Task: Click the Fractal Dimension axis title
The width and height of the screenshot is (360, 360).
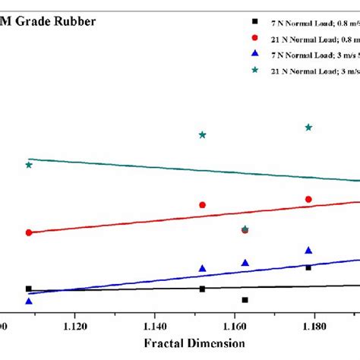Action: (x=193, y=343)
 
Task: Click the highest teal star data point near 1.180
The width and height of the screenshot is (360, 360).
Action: (x=308, y=128)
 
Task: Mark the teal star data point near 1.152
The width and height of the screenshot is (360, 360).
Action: (x=203, y=135)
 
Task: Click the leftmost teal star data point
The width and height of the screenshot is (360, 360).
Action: (x=29, y=165)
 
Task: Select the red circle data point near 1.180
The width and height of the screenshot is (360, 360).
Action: (x=308, y=199)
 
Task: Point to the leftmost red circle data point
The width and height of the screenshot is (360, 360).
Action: (x=29, y=232)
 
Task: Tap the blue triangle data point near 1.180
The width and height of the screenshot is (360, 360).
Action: (x=308, y=251)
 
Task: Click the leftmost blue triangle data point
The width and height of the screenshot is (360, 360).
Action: (x=29, y=302)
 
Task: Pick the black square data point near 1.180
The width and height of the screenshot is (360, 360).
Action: (x=308, y=267)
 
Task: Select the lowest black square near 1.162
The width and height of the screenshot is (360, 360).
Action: (x=245, y=300)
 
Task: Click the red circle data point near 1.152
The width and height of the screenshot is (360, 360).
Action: (x=203, y=205)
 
